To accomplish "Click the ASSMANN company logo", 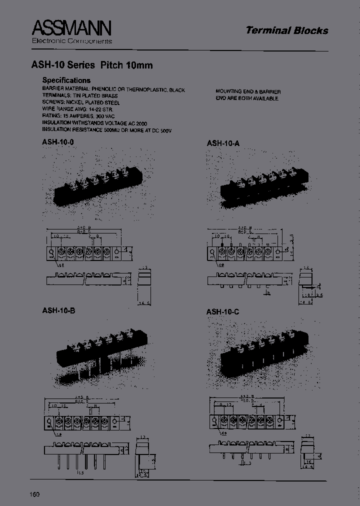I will point(71,28).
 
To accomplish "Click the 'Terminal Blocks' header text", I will point(286,30).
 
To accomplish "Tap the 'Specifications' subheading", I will point(66,80).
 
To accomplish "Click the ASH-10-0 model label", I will point(58,142).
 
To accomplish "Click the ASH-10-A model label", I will point(223,143).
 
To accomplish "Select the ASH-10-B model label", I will point(58,310).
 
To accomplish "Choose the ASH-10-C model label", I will point(222,312).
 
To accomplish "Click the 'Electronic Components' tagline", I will point(72,41).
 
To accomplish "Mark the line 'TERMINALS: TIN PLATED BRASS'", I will point(80,96).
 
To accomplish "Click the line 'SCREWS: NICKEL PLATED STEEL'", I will point(81,102).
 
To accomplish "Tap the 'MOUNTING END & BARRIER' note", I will point(248,92).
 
